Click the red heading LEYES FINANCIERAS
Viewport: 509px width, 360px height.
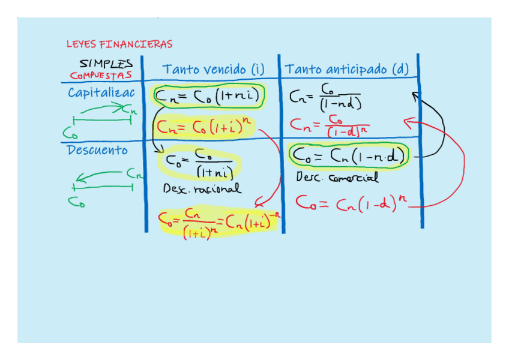click(119, 44)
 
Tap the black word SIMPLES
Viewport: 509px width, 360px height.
click(106, 63)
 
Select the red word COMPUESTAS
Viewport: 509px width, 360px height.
click(100, 76)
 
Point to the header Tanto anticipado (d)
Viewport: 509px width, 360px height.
click(346, 70)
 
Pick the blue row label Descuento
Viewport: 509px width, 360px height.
click(97, 150)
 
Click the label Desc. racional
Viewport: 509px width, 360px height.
click(202, 188)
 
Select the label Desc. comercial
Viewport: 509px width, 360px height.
click(337, 178)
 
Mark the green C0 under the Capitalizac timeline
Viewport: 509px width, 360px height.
click(70, 131)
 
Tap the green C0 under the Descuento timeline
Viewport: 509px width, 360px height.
click(76, 202)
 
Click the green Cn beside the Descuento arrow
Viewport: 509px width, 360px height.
click(135, 174)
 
